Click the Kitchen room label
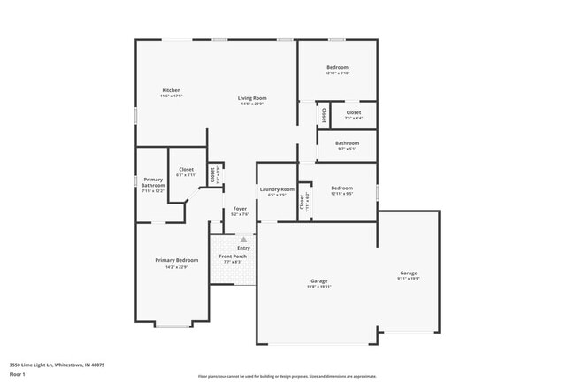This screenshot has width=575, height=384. click(172, 90)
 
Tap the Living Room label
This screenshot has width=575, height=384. click(252, 98)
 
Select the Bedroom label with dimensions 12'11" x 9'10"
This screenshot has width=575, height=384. click(337, 67)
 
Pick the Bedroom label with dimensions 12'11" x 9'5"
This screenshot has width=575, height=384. click(341, 188)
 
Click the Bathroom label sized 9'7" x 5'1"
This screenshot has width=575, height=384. click(347, 142)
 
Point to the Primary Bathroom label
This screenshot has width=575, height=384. click(152, 183)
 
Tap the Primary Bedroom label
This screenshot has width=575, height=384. click(177, 260)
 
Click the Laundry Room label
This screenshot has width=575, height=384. click(277, 189)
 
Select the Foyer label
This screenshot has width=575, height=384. click(240, 209)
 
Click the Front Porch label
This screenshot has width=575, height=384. click(233, 257)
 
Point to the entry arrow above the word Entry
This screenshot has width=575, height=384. click(243, 239)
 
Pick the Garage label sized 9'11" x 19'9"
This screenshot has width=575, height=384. click(408, 273)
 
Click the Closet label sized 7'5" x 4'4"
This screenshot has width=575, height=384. click(353, 112)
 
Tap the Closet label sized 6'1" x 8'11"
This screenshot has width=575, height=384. click(186, 169)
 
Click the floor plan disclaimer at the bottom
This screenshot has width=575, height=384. click(287, 376)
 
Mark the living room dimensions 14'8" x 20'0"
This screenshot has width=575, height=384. click(252, 104)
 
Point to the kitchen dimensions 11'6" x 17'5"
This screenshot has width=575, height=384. click(172, 96)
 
